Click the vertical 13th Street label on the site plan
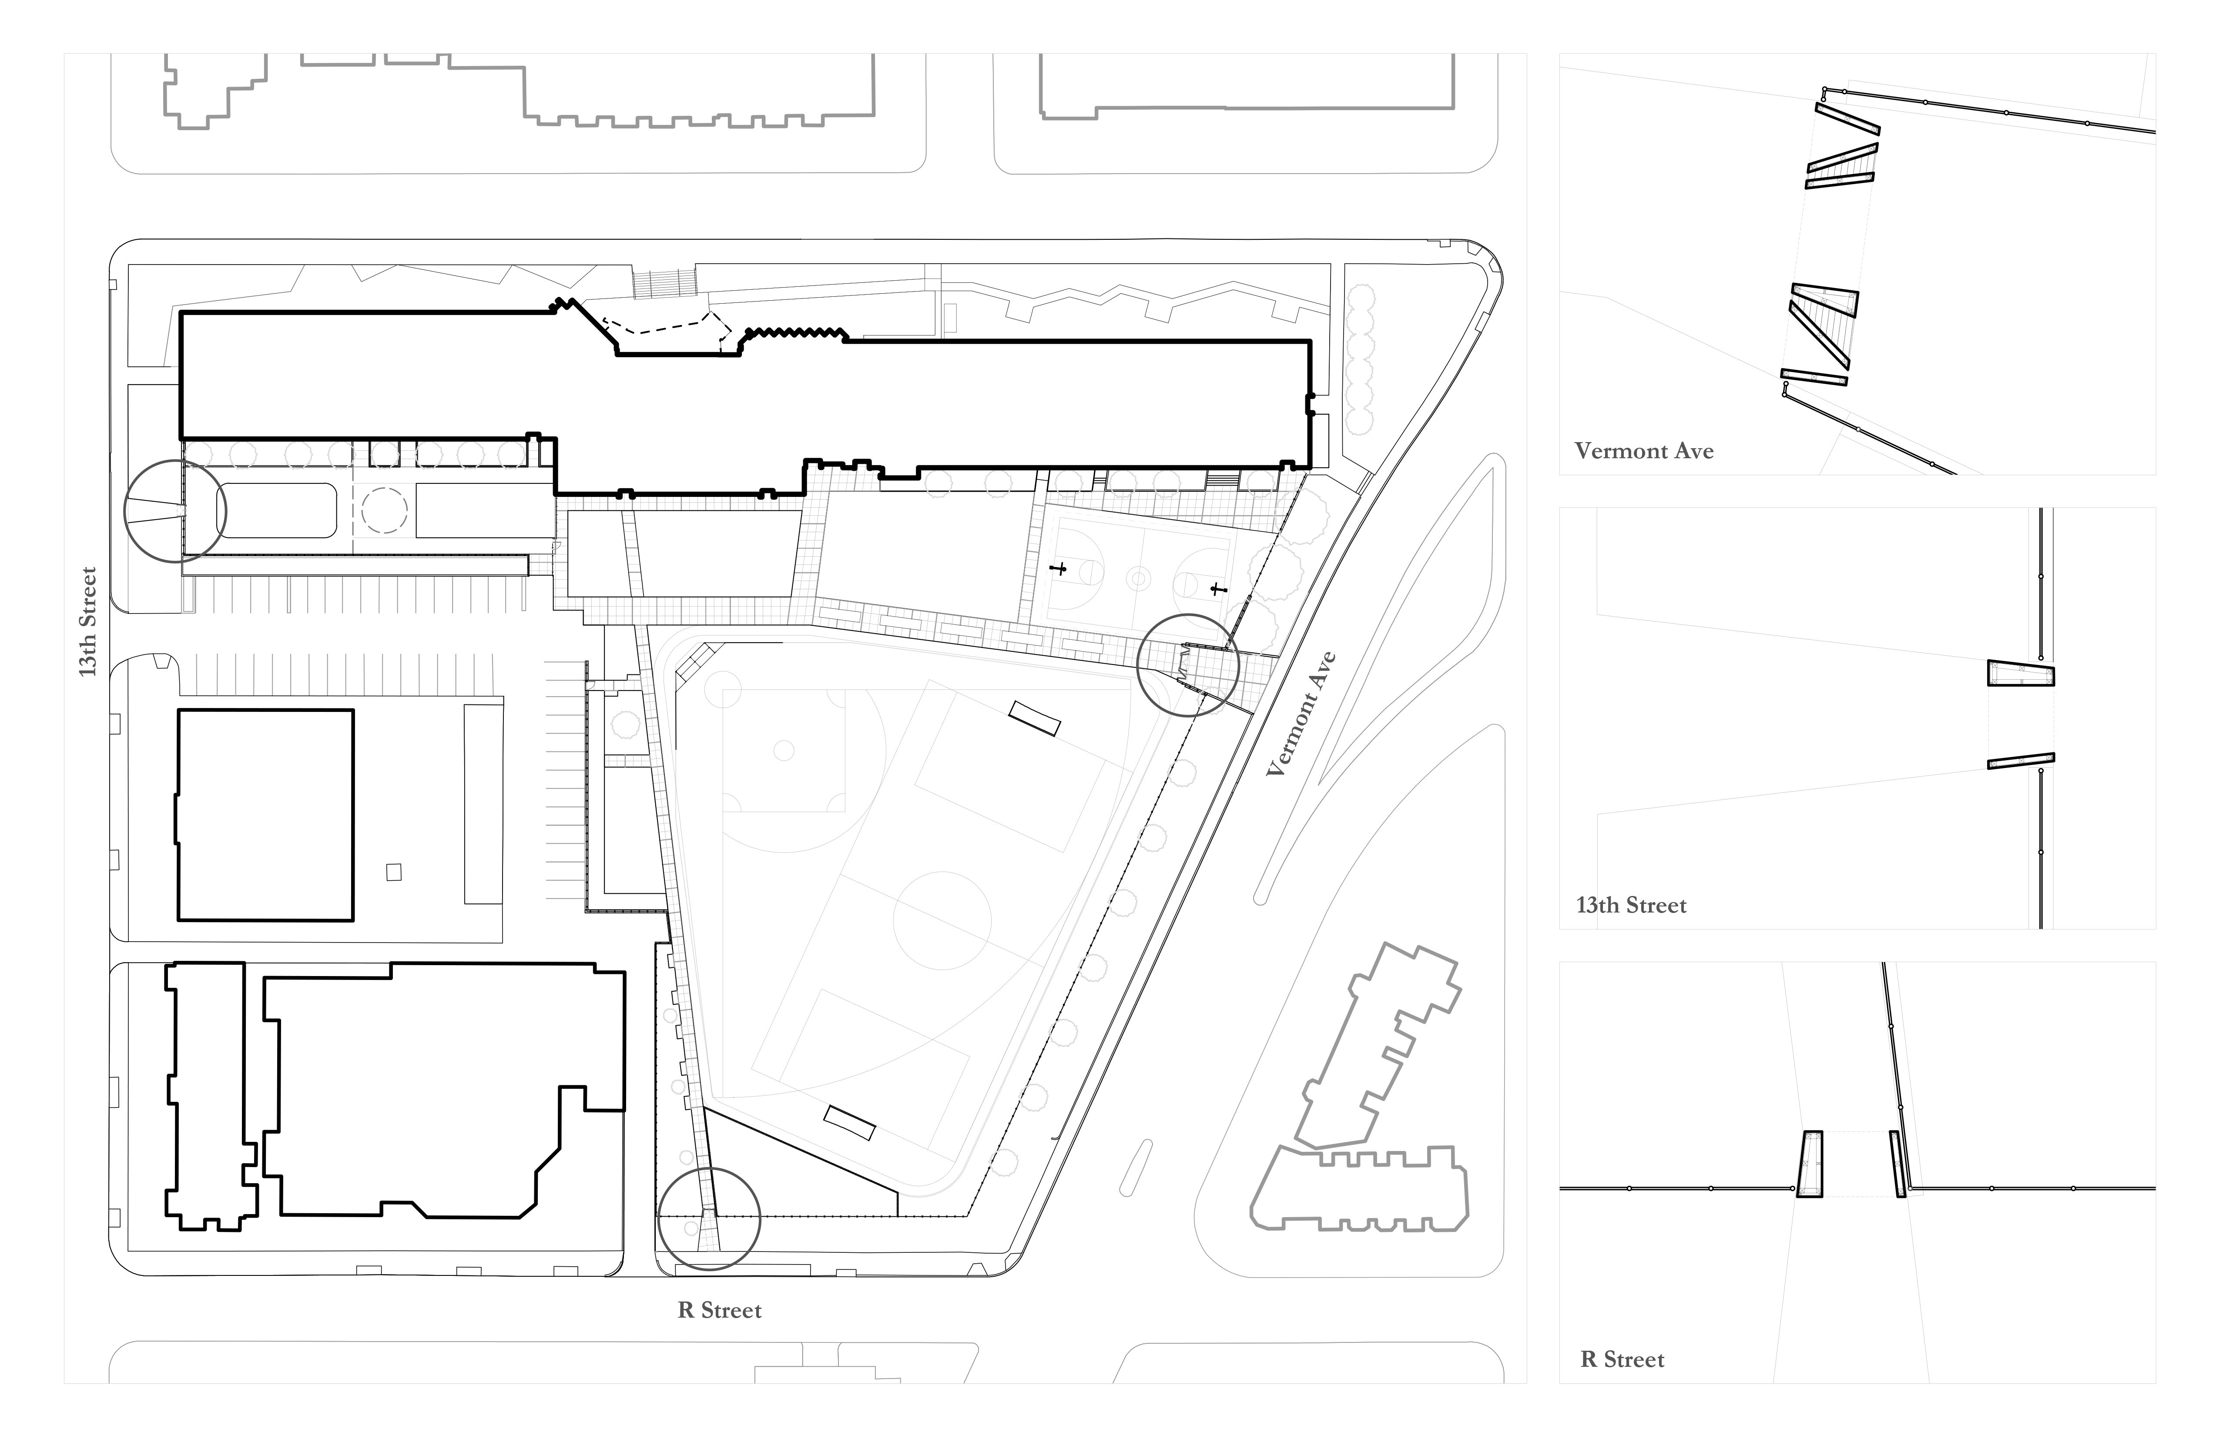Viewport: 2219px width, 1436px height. coord(87,622)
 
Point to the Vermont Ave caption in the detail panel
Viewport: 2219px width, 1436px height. coord(1644,451)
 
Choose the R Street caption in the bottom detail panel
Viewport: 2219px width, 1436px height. coord(1622,1359)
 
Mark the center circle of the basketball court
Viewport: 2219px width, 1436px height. coord(1137,578)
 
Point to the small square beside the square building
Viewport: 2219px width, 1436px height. coord(393,872)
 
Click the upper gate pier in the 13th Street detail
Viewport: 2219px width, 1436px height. coord(2021,673)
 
